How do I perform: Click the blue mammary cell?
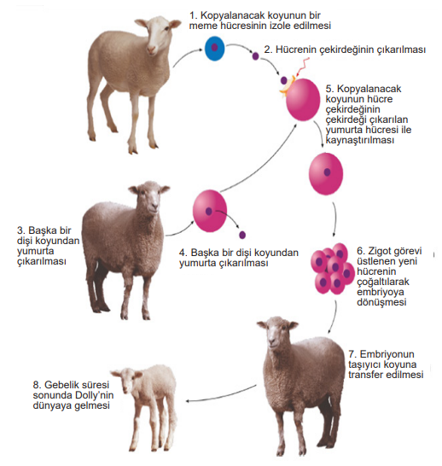pyautogui.click(x=214, y=48)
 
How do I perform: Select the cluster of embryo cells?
pyautogui.click(x=333, y=269)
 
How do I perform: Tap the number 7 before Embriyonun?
pyautogui.click(x=352, y=354)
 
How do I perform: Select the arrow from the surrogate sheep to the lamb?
pyautogui.click(x=221, y=394)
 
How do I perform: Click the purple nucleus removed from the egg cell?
pyautogui.click(x=242, y=235)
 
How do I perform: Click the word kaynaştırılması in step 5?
pyautogui.click(x=360, y=140)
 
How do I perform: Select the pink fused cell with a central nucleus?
pyautogui.click(x=326, y=174)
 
